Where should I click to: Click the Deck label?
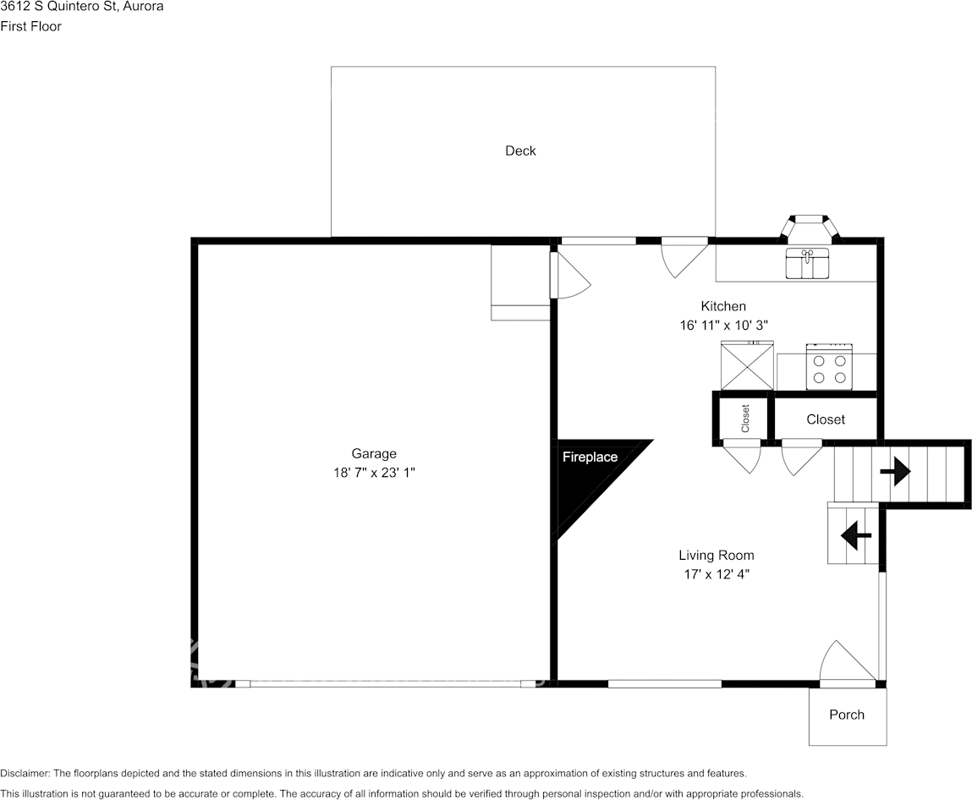point(520,151)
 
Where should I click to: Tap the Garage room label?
point(374,453)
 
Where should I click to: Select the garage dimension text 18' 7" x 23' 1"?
point(374,474)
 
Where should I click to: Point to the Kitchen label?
point(723,306)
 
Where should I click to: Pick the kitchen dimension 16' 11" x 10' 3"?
point(723,325)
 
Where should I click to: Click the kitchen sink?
point(808,263)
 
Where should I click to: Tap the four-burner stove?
point(829,367)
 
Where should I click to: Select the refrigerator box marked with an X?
point(746,366)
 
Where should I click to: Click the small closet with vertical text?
point(744,419)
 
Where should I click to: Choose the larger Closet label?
point(825,419)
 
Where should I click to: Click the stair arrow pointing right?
point(895,472)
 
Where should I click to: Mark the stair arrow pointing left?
point(856,534)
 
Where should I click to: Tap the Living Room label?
point(716,556)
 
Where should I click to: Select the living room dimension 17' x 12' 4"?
point(716,574)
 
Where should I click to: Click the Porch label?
point(847,715)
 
